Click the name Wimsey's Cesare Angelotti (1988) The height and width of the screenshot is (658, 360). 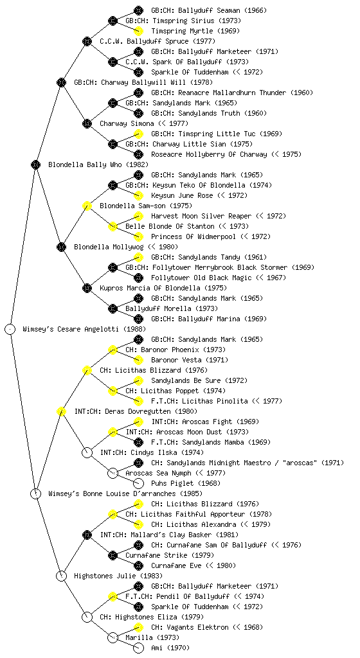coord(84,330)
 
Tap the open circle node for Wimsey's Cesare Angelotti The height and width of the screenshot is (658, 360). coord(10,329)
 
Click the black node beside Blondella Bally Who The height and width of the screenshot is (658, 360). coord(35,164)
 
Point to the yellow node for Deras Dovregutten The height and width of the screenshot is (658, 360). coord(61,411)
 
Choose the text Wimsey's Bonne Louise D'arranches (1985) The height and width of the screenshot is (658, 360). coord(125,494)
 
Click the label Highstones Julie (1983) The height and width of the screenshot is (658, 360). coord(118,576)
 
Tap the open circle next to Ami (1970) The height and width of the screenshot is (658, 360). coord(138,648)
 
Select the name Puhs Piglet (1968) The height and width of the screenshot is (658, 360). coord(186,483)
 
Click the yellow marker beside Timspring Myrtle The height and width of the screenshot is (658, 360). coord(138,31)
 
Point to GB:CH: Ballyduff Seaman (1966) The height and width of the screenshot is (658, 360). coord(209,10)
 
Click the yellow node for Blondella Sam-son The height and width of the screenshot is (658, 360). coord(87,206)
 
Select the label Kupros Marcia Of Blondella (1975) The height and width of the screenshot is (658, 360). coord(163,289)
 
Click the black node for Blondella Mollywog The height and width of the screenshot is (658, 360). coord(61,247)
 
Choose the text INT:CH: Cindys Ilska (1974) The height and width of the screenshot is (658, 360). coord(152,453)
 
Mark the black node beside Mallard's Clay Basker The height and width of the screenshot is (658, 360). coord(87,535)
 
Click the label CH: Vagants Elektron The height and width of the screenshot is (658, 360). coord(190,627)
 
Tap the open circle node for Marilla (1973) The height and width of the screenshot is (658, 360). coord(113,637)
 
